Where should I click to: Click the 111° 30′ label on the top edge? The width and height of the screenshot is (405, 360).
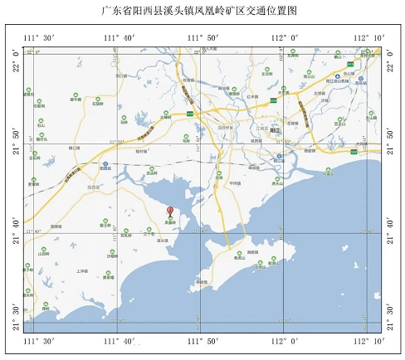pos(38,38)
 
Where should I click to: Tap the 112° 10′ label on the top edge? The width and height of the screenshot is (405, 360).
pos(369,38)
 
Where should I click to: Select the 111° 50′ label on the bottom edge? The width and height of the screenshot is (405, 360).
pos(202,341)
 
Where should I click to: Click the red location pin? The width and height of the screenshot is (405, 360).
pos(170,212)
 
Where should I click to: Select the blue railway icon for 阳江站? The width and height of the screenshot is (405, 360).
pos(280,155)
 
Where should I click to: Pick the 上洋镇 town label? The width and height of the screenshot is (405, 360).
pos(81,270)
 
